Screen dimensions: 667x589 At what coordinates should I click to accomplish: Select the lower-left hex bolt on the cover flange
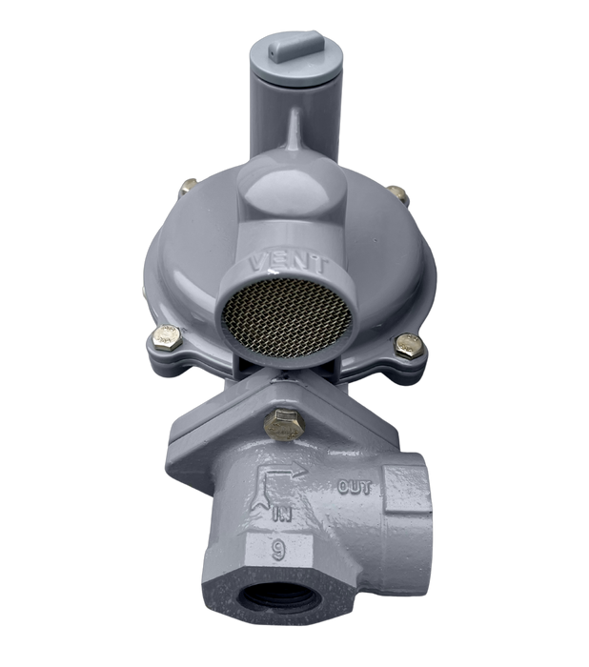pyautogui.click(x=165, y=337)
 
